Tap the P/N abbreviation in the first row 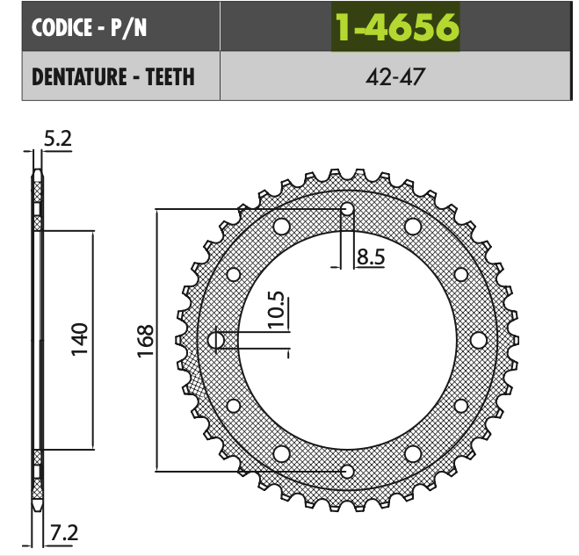[x=127, y=28]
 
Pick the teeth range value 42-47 [x=395, y=76]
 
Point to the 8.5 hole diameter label [x=370, y=257]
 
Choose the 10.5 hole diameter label [x=278, y=309]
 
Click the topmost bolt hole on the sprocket [x=347, y=209]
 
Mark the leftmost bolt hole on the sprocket [x=216, y=340]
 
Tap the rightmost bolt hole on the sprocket [x=479, y=340]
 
